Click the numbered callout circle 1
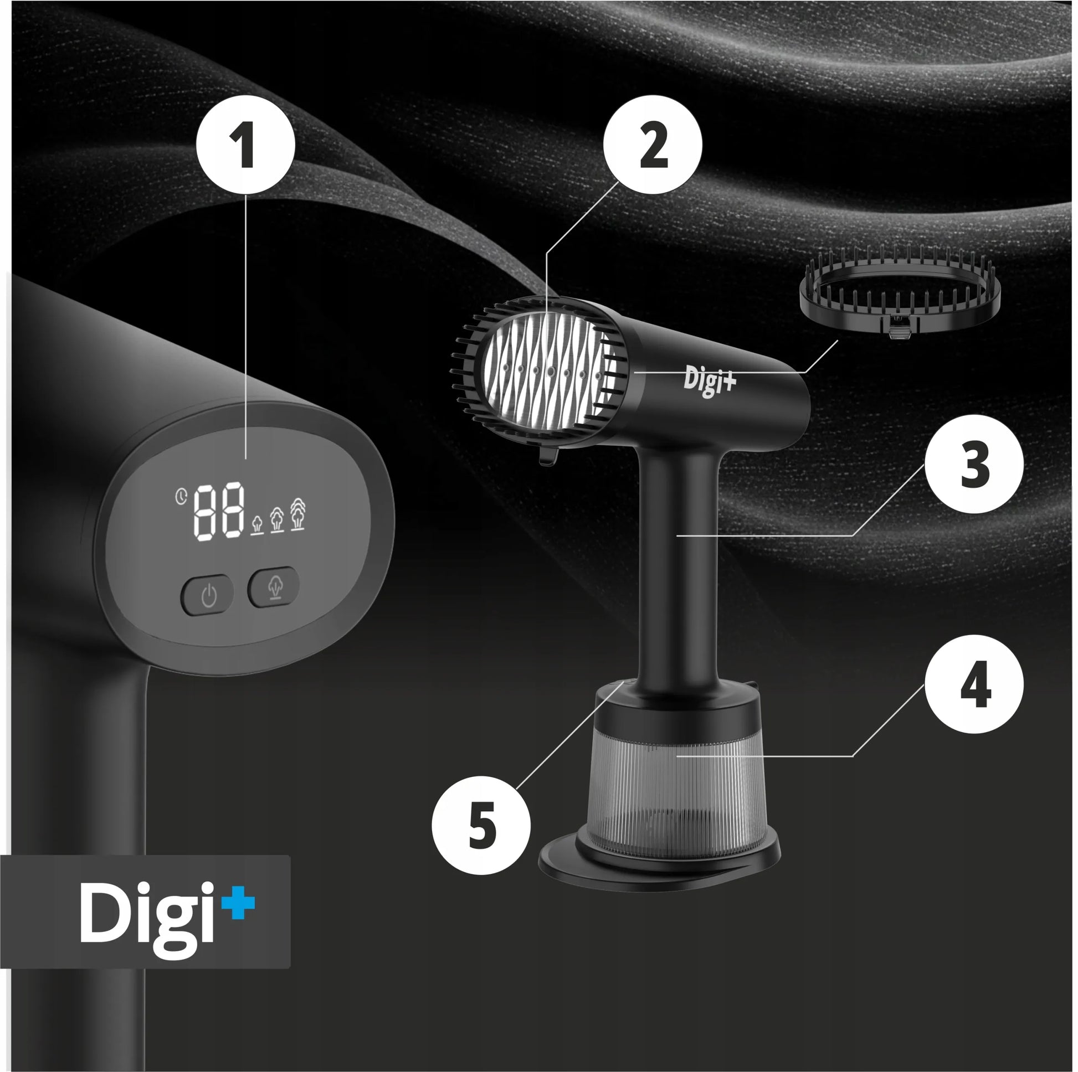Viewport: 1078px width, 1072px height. coord(246,145)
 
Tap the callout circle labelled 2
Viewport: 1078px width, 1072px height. coord(653,145)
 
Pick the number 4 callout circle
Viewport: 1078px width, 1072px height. coord(974,684)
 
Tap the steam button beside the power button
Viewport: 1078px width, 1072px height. coord(274,587)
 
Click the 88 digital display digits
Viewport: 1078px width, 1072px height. coord(219,511)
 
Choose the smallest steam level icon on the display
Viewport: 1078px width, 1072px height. coord(257,524)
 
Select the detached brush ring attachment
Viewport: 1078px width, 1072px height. coord(900,295)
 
